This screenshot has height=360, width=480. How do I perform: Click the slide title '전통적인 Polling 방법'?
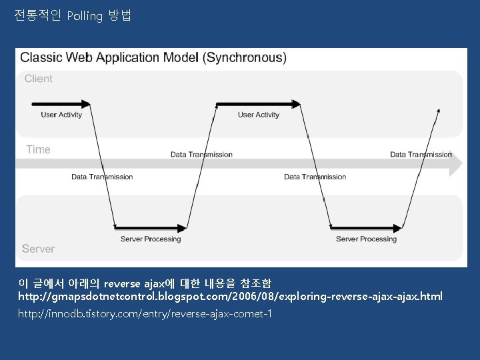tap(73, 15)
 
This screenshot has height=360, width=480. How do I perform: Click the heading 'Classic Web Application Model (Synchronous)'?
tap(153, 57)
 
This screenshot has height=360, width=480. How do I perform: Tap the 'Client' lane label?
tap(39, 79)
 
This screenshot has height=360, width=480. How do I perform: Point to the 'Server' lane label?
tap(38, 249)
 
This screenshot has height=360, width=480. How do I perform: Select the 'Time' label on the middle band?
tap(38, 150)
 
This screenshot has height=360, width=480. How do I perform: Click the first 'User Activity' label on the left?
tap(61, 115)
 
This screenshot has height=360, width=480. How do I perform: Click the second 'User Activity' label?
tap(259, 115)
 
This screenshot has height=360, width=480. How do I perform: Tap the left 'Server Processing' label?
tap(151, 239)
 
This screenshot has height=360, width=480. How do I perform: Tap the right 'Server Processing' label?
tap(366, 239)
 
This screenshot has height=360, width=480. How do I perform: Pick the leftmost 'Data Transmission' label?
tap(102, 177)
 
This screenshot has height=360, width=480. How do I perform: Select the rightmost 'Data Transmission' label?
tap(421, 155)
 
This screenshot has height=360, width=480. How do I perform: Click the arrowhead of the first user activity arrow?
tap(86, 103)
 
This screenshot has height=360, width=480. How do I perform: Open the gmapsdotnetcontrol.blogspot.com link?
tap(230, 296)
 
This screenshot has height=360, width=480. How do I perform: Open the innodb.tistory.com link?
tap(145, 313)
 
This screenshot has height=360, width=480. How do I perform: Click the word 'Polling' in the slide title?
tap(85, 16)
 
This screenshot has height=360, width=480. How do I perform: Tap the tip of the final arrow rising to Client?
tap(439, 109)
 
